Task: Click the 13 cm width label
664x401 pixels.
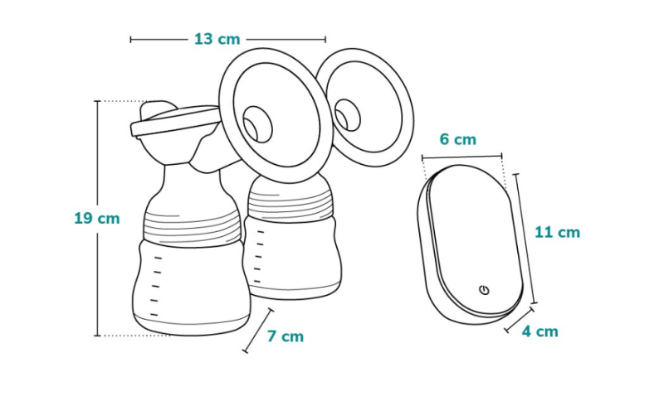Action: tap(217, 39)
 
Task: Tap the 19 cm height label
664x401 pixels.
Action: tap(97, 219)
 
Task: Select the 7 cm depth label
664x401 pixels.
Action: tap(286, 336)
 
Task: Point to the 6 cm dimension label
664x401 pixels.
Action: tap(458, 139)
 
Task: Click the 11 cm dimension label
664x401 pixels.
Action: tap(557, 232)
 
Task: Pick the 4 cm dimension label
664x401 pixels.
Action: tap(540, 331)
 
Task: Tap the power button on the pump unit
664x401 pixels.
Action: tap(485, 290)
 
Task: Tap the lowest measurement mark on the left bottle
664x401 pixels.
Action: tap(154, 314)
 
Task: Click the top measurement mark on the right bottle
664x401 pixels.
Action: tap(261, 232)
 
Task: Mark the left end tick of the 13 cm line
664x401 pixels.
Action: tap(131, 40)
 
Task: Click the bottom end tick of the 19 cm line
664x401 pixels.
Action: tap(97, 336)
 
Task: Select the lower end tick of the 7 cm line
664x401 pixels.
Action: tap(245, 350)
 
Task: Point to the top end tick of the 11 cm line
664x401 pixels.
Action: tap(515, 174)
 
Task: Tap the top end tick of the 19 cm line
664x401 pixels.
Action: tap(97, 101)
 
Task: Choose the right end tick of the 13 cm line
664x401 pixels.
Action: tap(325, 40)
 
